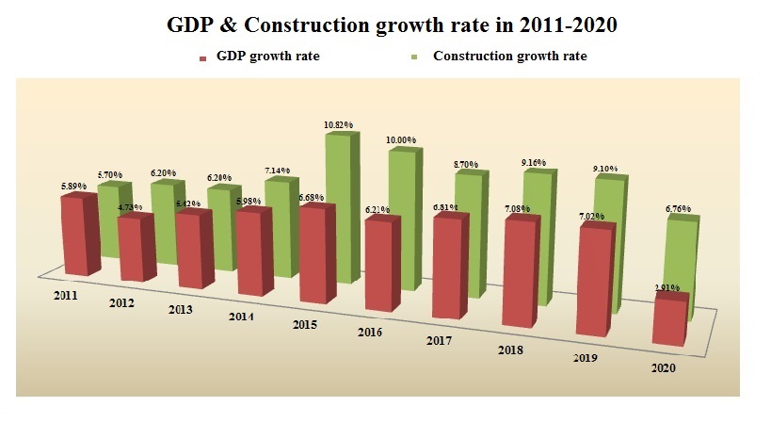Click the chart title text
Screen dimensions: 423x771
tap(385, 24)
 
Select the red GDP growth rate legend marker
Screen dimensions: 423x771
tap(202, 58)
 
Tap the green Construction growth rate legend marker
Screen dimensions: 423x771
tap(419, 58)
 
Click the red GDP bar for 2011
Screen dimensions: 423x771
tap(77, 236)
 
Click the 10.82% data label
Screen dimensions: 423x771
tap(340, 124)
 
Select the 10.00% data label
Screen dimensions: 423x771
tap(400, 140)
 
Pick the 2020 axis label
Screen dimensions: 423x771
tap(663, 367)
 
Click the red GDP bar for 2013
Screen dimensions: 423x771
tap(191, 250)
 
